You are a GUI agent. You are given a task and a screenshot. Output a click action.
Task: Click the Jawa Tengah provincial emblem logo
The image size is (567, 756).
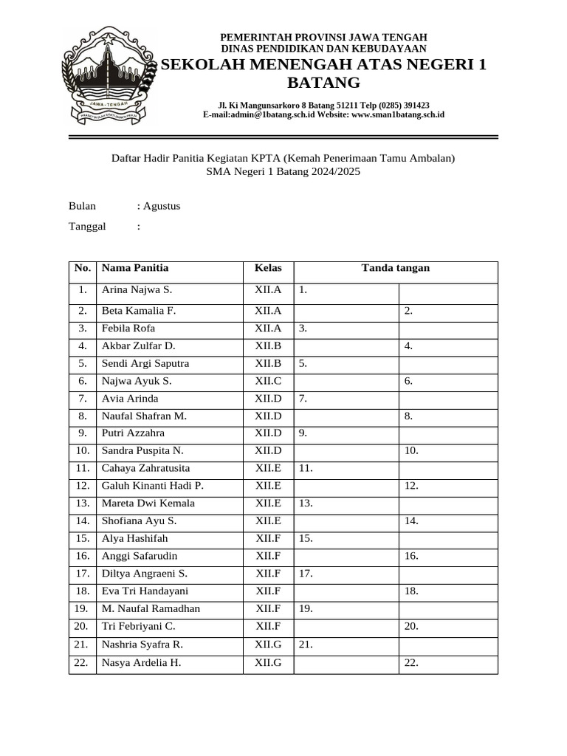[110, 76]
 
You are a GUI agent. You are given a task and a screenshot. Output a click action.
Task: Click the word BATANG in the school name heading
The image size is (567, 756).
[323, 82]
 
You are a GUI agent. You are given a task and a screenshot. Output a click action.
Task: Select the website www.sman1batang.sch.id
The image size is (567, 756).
[398, 114]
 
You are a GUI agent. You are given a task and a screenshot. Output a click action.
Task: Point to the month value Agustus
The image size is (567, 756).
[162, 206]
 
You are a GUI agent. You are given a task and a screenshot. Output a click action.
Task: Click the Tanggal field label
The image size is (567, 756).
[87, 226]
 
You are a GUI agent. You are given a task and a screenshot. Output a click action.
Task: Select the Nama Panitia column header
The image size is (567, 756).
[135, 268]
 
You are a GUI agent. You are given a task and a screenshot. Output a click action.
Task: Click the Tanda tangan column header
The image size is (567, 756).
[395, 268]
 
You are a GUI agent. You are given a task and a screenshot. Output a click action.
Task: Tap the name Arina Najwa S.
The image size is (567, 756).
[137, 290]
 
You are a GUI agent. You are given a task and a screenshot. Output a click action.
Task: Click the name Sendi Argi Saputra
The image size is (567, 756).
[145, 363]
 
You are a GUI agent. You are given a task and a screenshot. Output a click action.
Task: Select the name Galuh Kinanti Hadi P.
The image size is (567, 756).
[153, 486]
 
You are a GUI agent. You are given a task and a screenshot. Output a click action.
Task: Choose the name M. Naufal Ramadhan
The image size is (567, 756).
[151, 609]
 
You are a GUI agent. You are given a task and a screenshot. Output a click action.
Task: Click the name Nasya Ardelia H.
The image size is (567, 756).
[141, 662]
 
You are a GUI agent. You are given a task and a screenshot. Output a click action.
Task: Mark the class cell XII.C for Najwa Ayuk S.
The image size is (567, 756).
[268, 381]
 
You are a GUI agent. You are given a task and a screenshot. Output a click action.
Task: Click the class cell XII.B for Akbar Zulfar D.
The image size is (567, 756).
[268, 346]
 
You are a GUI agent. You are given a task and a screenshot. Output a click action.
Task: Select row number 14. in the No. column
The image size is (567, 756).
[82, 521]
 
